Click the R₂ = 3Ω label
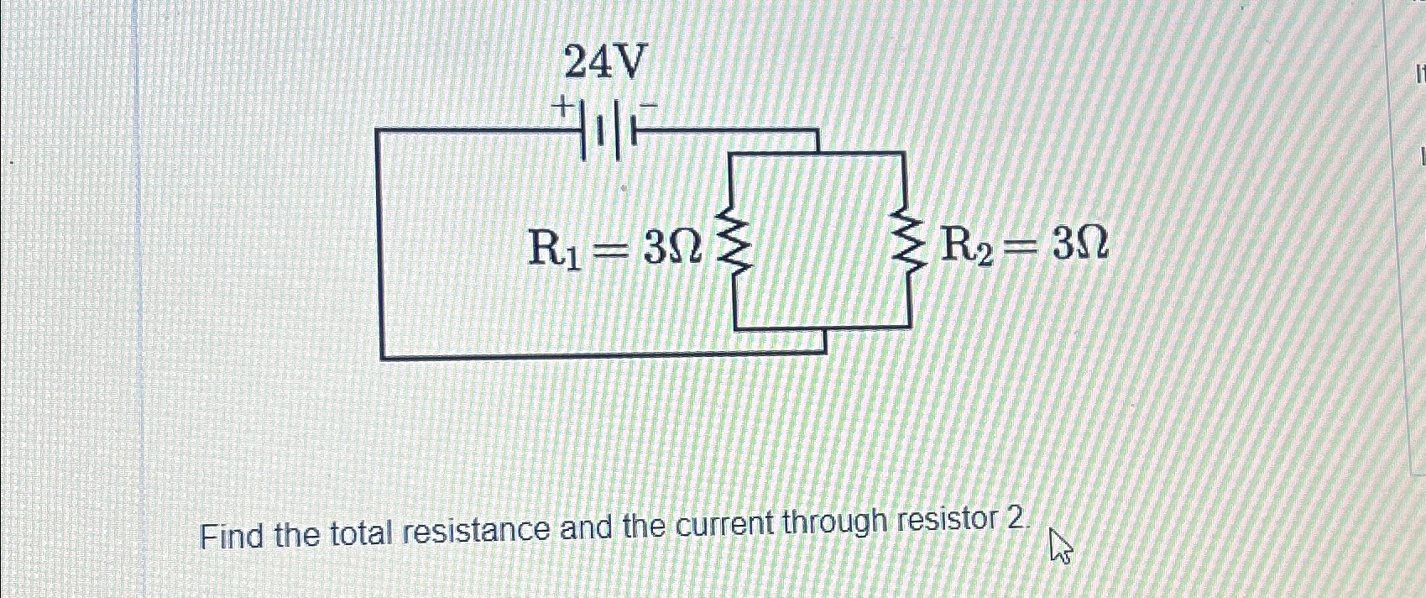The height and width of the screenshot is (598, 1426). click(x=1025, y=245)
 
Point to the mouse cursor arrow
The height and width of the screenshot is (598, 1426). click(x=1060, y=546)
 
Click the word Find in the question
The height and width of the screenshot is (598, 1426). click(x=232, y=535)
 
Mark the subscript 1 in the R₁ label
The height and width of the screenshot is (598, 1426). click(x=573, y=259)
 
